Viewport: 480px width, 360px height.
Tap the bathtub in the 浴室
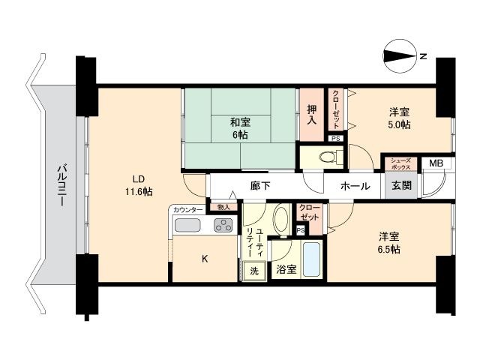311,259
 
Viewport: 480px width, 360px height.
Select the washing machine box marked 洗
254,271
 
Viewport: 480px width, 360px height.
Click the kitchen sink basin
187,225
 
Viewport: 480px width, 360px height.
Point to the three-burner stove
223,225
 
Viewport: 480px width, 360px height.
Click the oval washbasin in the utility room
281,218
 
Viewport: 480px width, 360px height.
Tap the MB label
436,163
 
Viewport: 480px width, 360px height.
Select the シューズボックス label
400,163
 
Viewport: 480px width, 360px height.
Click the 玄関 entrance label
401,185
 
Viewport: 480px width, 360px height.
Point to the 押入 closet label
312,115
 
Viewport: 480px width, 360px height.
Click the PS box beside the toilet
336,138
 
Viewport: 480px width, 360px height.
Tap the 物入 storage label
223,207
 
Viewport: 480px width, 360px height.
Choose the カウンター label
187,210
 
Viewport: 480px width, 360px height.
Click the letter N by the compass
423,56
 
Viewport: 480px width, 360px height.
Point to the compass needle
400,56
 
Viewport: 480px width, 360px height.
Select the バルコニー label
61,185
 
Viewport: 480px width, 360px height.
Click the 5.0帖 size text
400,124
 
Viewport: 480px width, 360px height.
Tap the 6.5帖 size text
388,250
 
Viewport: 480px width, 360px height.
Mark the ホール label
355,186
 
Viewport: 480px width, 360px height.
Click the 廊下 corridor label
260,185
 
